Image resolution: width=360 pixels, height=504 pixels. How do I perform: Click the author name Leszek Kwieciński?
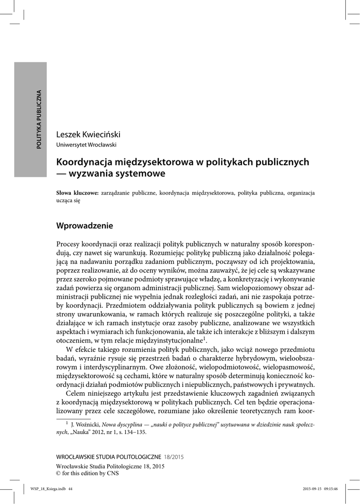coord(89,134)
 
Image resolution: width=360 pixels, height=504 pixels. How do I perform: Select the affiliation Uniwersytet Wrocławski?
coord(87,145)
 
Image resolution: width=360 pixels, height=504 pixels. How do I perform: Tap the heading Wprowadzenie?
coord(85,226)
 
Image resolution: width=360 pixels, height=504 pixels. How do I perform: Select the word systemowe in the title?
coord(143,173)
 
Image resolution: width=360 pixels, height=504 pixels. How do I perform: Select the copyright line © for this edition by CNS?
coord(88,473)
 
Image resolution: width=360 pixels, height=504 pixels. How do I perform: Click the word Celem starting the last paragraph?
coord(75,394)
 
